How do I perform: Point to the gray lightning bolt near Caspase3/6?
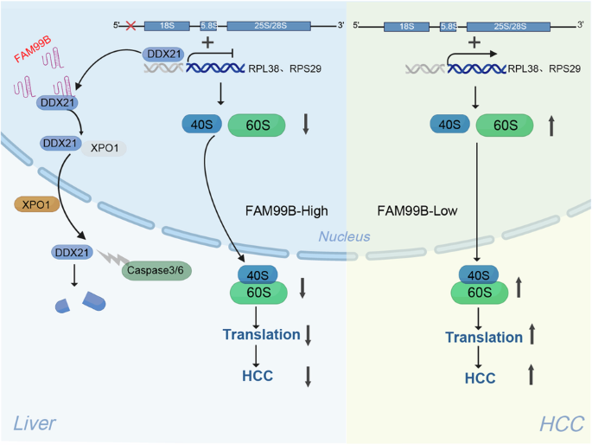pos(111,257)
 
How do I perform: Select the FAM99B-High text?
pos(286,210)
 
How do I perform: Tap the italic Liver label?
pos(35,422)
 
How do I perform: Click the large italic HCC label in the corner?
pos(562,422)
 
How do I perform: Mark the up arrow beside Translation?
pos(532,337)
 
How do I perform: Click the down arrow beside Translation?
pos(308,334)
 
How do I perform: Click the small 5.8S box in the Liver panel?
pos(209,26)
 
